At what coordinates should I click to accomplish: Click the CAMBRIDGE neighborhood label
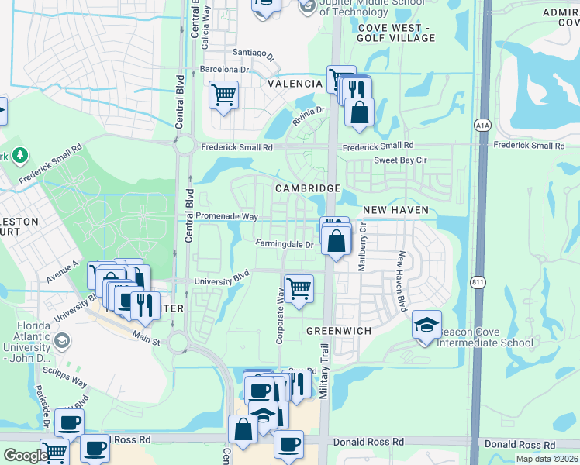pyautogui.click(x=308, y=188)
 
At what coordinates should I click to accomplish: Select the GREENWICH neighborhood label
pyautogui.click(x=339, y=330)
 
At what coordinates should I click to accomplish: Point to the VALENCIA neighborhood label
pyautogui.click(x=295, y=84)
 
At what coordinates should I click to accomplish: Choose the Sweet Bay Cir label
pyautogui.click(x=401, y=160)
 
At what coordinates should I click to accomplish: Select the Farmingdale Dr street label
pyautogui.click(x=285, y=244)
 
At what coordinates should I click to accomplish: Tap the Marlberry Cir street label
pyautogui.click(x=361, y=247)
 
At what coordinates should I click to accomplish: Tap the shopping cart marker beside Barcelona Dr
pyautogui.click(x=224, y=95)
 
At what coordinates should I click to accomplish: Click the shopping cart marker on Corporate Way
pyautogui.click(x=299, y=289)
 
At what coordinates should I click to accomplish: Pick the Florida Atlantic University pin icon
pyautogui.click(x=60, y=341)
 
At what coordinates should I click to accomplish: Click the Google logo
pyautogui.click(x=25, y=456)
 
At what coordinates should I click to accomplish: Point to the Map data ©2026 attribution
pyautogui.click(x=547, y=459)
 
